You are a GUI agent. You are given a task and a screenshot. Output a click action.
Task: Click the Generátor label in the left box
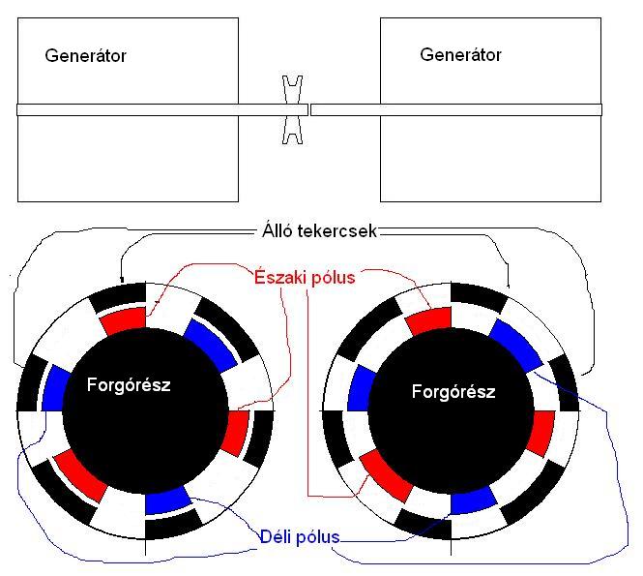click(x=85, y=55)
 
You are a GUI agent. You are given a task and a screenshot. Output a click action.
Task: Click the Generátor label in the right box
click(x=460, y=54)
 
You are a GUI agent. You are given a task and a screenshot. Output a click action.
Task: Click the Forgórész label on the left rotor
click(x=130, y=384)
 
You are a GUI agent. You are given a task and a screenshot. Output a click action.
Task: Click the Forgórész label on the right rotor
click(x=453, y=392)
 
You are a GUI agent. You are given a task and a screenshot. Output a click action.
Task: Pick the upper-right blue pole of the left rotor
click(x=210, y=345)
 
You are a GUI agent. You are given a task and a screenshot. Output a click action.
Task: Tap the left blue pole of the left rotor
click(x=56, y=386)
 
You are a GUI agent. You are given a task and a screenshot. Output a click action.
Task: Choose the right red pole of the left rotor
click(x=235, y=433)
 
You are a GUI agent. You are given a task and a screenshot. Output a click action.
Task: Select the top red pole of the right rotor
click(x=428, y=321)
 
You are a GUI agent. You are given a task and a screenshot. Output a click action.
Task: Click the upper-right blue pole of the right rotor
click(x=514, y=344)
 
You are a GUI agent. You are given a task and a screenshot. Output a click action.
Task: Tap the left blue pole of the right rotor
click(x=360, y=386)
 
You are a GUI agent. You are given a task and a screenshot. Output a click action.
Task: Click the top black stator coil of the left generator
click(x=119, y=296)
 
